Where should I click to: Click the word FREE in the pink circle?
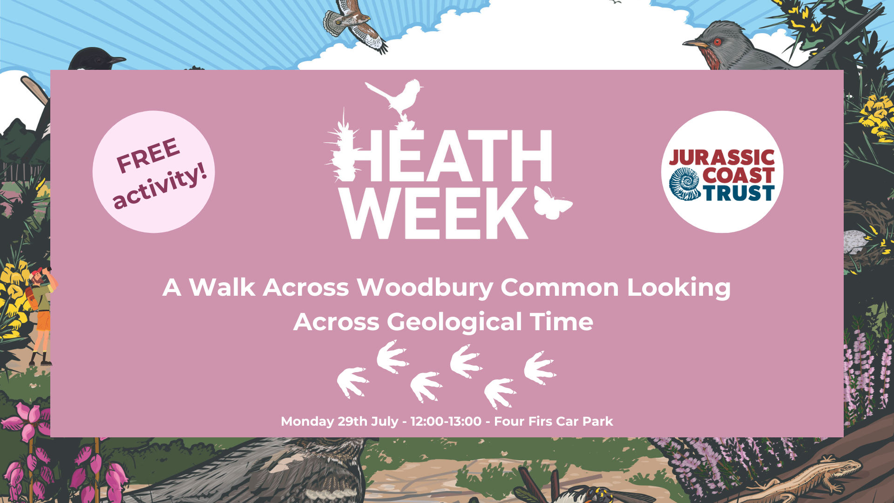tap(148, 155)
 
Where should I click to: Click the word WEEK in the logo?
tap(436, 213)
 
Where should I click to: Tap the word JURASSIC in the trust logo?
tap(722, 158)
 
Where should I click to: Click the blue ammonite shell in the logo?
tap(685, 184)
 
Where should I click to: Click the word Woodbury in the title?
tap(425, 288)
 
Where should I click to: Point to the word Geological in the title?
tap(454, 322)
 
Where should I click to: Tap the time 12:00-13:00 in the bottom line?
tap(446, 421)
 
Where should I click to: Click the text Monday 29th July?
tap(339, 422)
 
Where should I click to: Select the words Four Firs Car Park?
tap(553, 421)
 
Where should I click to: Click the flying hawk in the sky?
tap(356, 26)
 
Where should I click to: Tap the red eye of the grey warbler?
tap(717, 42)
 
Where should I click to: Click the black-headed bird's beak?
tap(118, 60)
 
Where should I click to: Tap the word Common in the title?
tap(560, 287)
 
